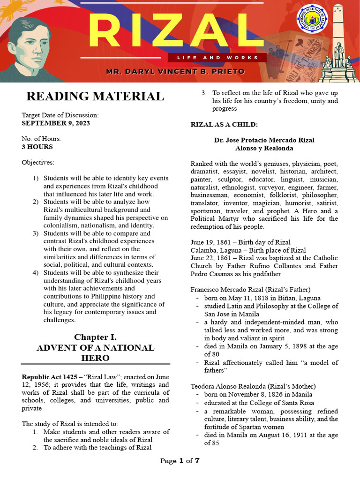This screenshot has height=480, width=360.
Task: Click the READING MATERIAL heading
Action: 95,97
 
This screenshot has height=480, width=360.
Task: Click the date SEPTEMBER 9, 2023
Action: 56,123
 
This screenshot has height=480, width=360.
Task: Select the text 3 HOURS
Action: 37,147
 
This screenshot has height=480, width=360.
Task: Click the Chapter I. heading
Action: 95,337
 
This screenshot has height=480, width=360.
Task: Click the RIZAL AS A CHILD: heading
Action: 224,124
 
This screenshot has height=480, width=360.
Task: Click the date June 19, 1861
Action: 210,242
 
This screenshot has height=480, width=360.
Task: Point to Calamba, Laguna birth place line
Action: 247,250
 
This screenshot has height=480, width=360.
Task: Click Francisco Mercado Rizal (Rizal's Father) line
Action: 250,289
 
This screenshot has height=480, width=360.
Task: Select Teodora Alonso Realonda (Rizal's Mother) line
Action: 253,386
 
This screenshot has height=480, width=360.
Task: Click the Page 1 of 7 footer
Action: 180,461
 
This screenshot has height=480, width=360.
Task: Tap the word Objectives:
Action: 38,163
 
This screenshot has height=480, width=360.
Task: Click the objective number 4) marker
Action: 36,273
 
